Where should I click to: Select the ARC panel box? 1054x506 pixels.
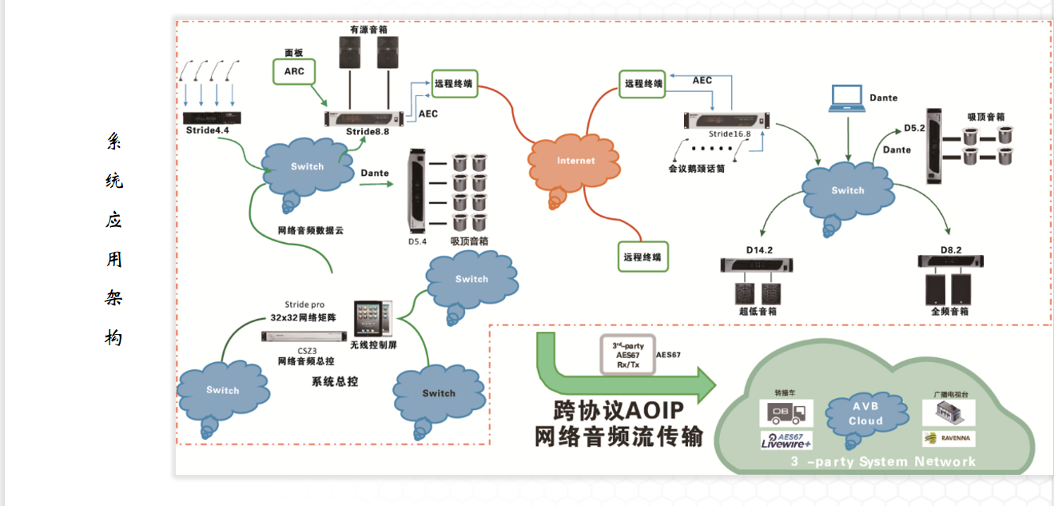point(294,71)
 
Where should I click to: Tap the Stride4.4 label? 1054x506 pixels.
point(207,130)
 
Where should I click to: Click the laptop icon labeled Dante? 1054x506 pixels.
point(846,98)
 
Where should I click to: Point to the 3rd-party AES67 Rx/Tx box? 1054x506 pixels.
point(627,355)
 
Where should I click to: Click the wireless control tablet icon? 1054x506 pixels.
point(373,318)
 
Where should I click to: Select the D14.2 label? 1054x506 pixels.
point(760,250)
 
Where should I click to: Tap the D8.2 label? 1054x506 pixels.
point(951,250)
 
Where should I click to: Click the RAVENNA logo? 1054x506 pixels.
point(949,438)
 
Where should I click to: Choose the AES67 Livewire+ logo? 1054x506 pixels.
point(786,440)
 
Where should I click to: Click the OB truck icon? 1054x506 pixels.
point(786,412)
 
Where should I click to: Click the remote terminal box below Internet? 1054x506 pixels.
point(642,257)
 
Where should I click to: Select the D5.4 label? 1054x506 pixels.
point(418,241)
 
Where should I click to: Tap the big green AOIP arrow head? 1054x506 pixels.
point(703,385)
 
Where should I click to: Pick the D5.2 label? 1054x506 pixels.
point(914,128)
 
